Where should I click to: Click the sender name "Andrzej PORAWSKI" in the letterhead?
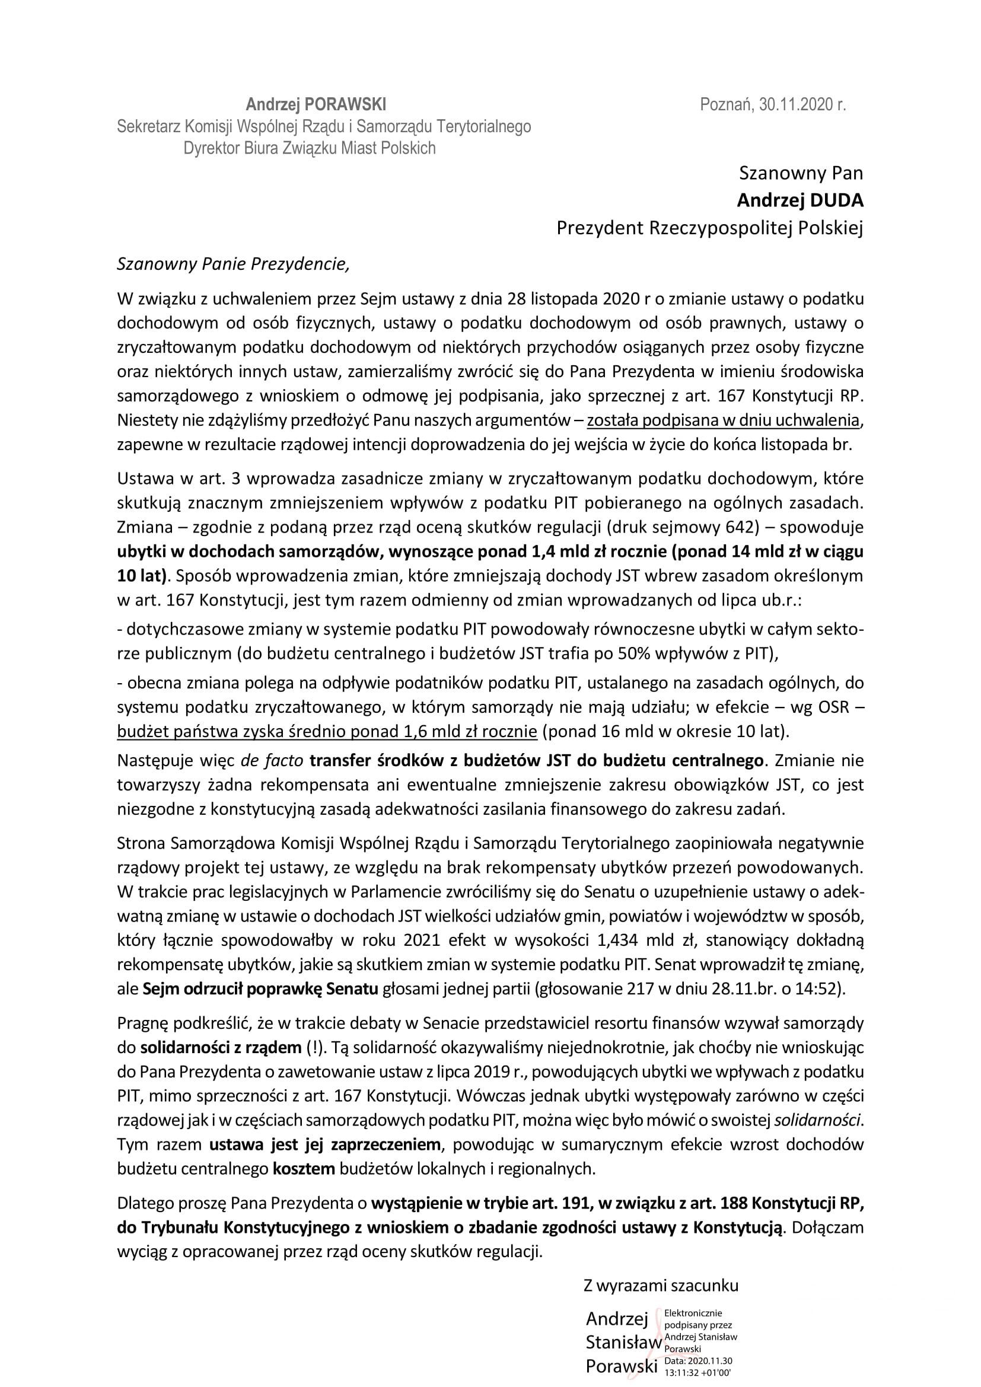point(316,105)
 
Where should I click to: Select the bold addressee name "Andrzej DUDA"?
point(800,200)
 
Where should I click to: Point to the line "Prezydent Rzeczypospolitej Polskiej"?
point(710,228)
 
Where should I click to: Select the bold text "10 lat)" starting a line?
point(141,575)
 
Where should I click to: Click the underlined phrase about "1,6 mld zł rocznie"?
point(327,731)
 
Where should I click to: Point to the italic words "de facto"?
point(272,760)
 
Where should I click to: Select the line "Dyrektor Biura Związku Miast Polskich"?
point(309,148)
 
